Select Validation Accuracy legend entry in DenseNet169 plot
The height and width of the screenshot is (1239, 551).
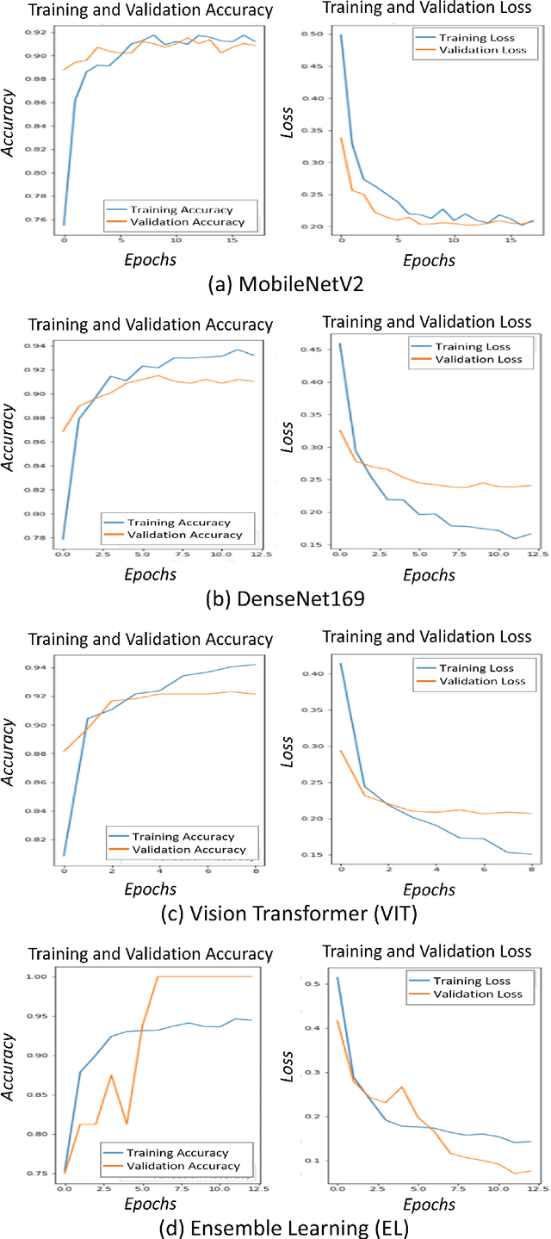click(183, 535)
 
